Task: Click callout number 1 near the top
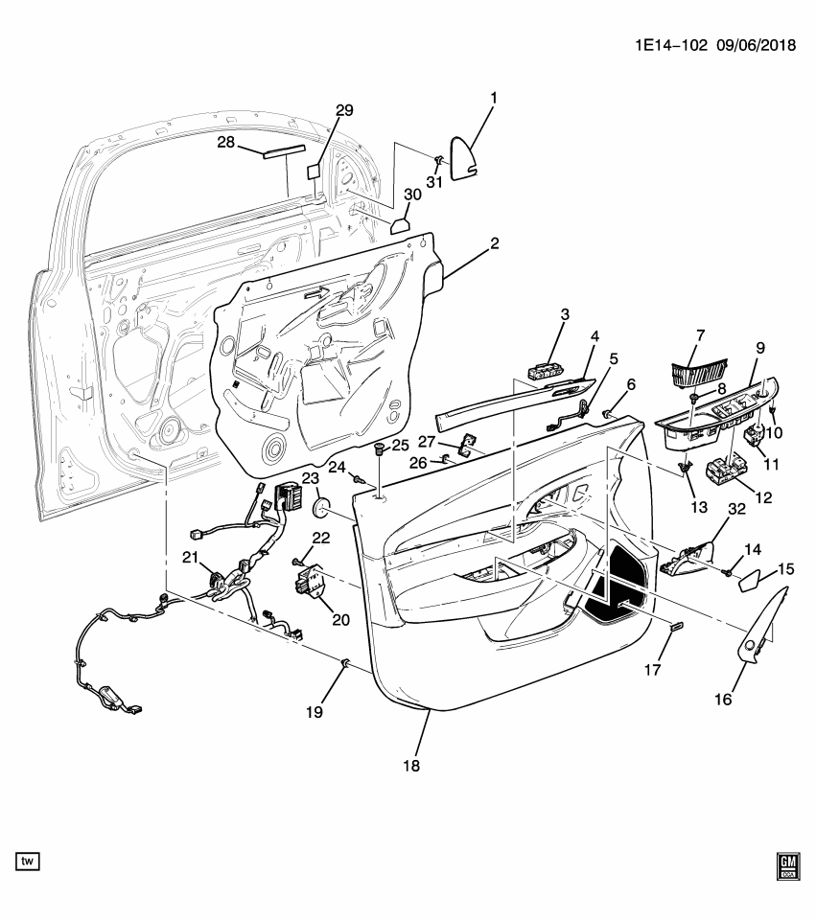click(x=494, y=98)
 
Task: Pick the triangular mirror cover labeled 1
click(x=464, y=157)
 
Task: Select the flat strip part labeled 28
click(x=271, y=151)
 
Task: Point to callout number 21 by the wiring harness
click(x=191, y=558)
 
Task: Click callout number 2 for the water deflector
click(x=494, y=244)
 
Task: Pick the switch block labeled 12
click(x=726, y=473)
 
